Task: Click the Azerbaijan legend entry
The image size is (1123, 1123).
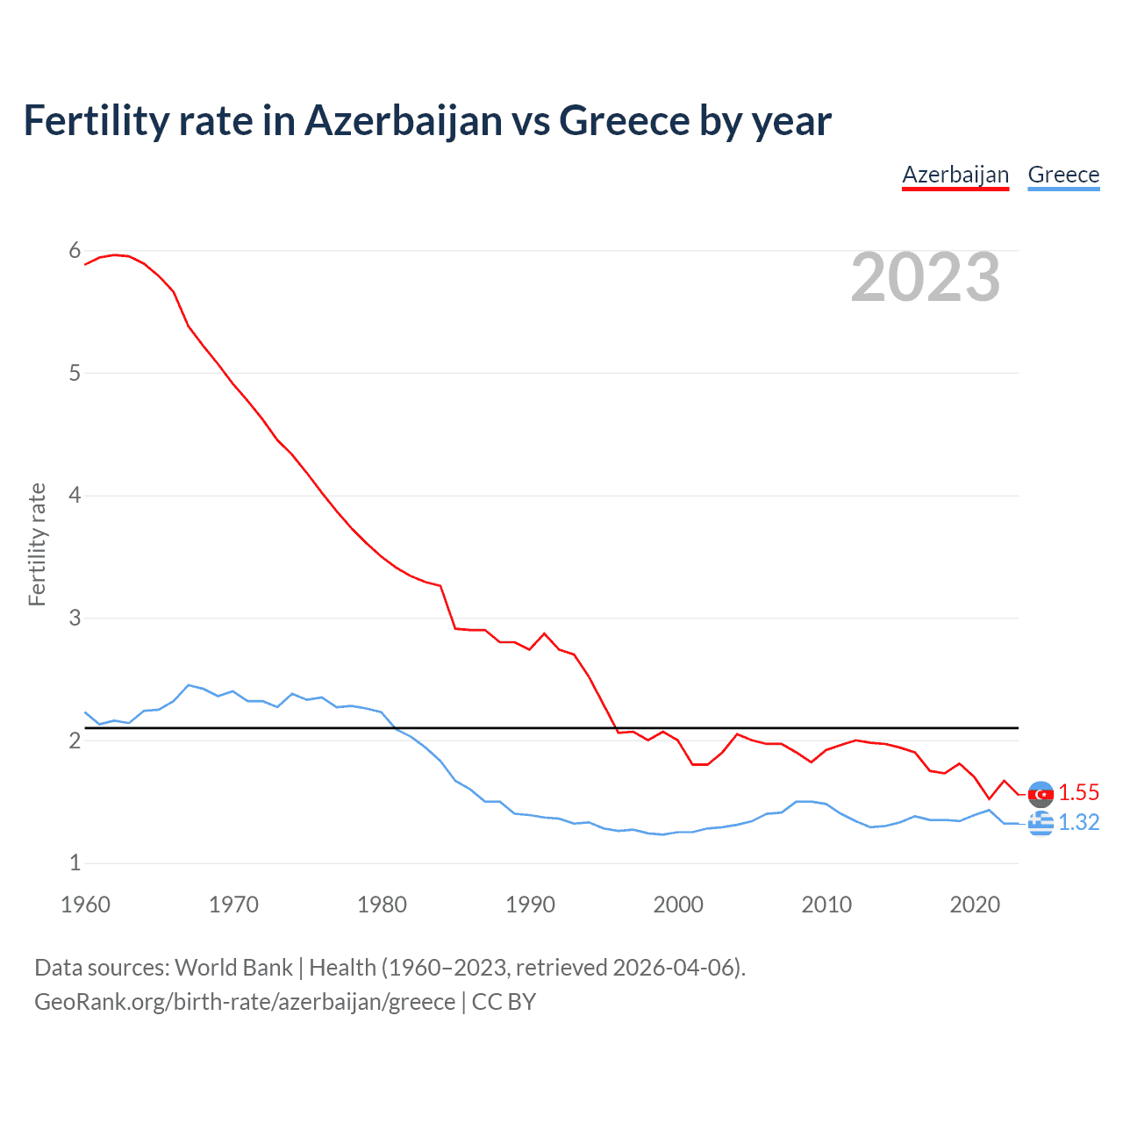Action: [955, 175]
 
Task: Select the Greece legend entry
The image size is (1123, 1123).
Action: [1063, 175]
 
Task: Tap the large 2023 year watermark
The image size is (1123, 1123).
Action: [926, 277]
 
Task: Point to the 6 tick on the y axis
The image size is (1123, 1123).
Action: [75, 251]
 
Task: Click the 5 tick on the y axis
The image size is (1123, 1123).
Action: [75, 373]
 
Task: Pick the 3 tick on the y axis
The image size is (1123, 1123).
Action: [75, 618]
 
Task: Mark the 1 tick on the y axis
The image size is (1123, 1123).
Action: [75, 862]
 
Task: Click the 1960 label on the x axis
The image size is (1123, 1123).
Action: [85, 905]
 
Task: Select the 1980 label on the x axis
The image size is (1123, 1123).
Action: [382, 905]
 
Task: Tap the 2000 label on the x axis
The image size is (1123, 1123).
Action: [678, 905]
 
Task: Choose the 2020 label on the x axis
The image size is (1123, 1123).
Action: [975, 905]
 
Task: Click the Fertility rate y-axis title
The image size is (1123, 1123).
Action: [37, 544]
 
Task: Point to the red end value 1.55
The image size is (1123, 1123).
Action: [1078, 793]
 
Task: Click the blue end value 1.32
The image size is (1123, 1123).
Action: [1078, 823]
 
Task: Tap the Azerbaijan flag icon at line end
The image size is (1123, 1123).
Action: [1041, 794]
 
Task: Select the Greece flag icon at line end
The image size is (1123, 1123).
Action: [1041, 823]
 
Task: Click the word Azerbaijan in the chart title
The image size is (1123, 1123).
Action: [403, 121]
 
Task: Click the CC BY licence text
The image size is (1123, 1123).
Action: [504, 1002]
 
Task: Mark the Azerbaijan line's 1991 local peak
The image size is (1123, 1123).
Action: [544, 633]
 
